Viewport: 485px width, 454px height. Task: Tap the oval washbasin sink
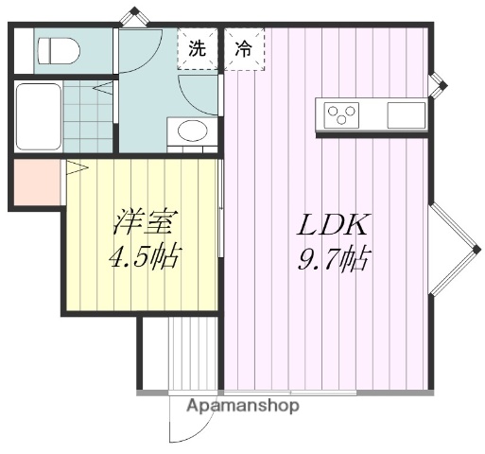[190, 131]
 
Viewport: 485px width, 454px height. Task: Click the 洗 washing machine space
[197, 48]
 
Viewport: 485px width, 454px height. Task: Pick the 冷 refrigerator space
[244, 48]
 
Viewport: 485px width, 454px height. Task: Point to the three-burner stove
[343, 114]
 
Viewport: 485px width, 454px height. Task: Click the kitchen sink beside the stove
[406, 114]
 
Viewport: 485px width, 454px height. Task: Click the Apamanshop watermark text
[243, 406]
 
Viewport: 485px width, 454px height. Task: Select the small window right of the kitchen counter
[438, 85]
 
